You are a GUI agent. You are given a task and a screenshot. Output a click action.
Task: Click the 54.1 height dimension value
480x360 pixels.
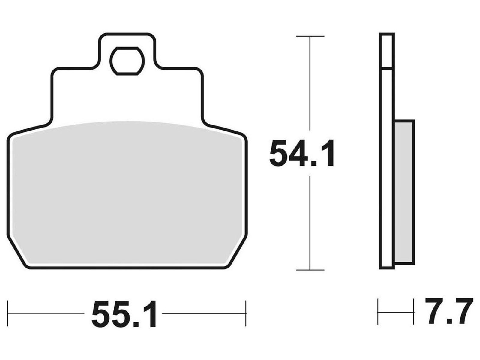(x=302, y=153)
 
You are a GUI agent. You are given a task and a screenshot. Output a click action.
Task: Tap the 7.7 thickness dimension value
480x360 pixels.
(x=449, y=310)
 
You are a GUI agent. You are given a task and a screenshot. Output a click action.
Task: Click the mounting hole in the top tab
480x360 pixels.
(x=127, y=61)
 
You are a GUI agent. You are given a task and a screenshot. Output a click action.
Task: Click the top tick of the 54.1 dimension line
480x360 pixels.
(x=310, y=36)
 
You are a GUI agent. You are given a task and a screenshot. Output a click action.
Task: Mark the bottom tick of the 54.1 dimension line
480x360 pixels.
(x=310, y=270)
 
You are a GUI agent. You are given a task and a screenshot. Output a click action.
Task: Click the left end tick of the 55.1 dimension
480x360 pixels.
(x=8, y=313)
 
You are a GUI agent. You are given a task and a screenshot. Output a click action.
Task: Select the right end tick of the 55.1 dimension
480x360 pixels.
(x=246, y=313)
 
